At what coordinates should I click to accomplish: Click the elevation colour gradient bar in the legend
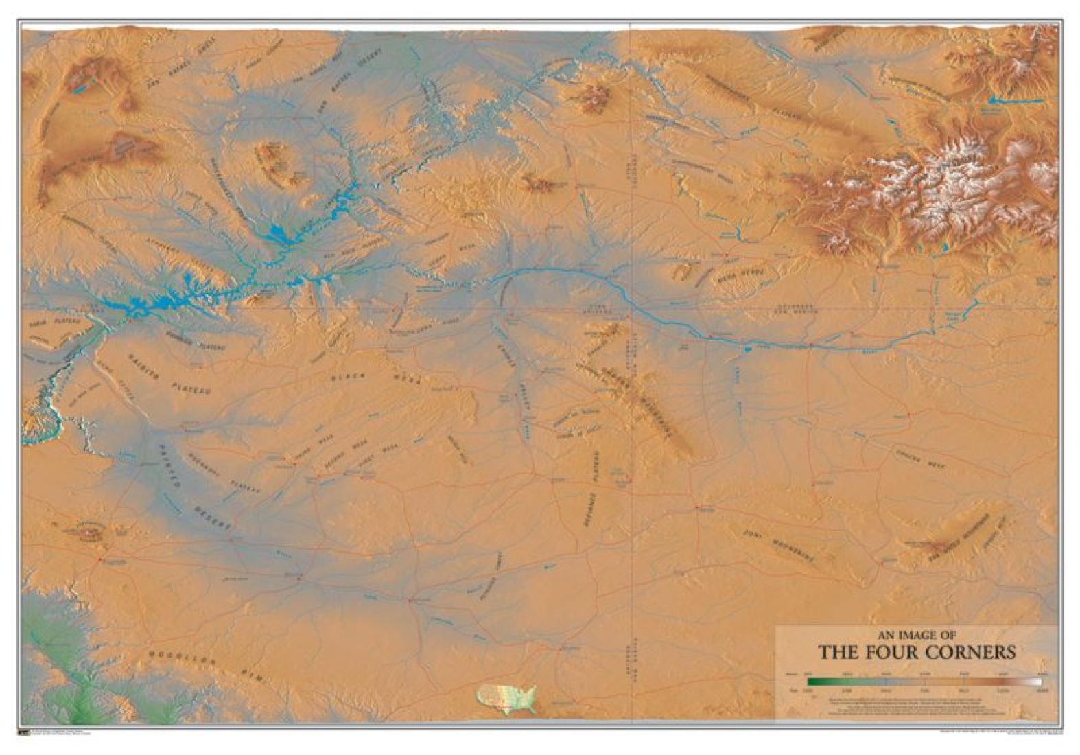pyautogui.click(x=924, y=682)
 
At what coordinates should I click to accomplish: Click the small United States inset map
pyautogui.click(x=506, y=698)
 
